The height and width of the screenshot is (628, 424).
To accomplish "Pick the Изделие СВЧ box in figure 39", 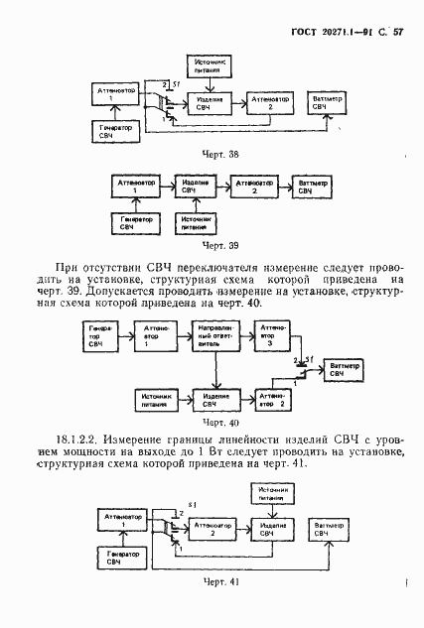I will [x=195, y=187].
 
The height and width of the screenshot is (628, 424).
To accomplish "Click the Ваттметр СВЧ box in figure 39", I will [x=319, y=187].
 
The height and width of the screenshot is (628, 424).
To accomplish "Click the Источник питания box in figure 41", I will [x=267, y=493].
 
